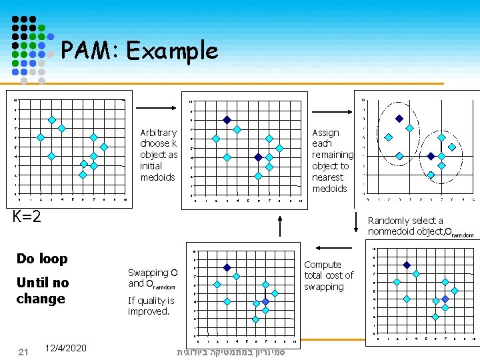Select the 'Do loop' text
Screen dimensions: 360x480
[42, 258]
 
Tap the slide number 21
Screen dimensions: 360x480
[23, 351]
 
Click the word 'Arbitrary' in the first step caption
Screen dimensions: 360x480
[159, 133]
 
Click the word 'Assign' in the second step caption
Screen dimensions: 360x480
[325, 133]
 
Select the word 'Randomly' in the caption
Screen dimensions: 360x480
[387, 221]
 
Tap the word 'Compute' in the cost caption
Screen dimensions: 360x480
[323, 265]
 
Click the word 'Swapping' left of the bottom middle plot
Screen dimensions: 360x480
[148, 273]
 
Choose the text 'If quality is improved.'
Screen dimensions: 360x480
[151, 306]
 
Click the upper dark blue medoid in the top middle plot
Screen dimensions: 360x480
[227, 120]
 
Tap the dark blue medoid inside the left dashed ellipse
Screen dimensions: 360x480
[399, 119]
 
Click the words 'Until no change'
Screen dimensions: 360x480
[42, 290]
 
